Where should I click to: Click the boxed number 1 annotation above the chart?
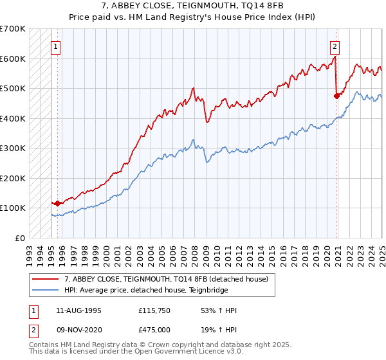click(56, 46)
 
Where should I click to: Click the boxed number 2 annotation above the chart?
click(335, 46)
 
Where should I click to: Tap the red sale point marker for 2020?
click(336, 96)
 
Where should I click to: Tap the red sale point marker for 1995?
click(57, 203)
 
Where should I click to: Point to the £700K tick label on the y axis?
click(13, 29)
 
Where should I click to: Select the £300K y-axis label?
click(13, 148)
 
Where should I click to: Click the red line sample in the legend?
click(46, 278)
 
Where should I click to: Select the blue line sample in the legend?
click(46, 290)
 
